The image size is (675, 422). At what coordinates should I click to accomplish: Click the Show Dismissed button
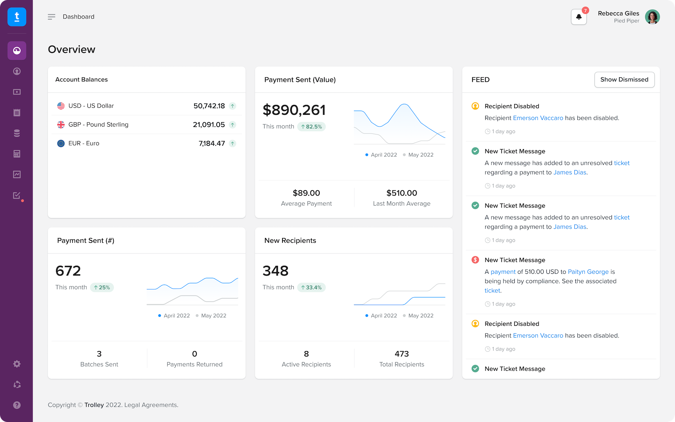pyautogui.click(x=624, y=80)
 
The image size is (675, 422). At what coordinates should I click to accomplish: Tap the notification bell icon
pyautogui.click(x=578, y=17)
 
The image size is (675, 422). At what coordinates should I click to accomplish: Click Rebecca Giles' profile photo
pyautogui.click(x=652, y=17)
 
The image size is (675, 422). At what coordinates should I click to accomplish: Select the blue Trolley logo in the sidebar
pyautogui.click(x=17, y=17)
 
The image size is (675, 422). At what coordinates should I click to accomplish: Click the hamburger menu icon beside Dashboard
pyautogui.click(x=51, y=17)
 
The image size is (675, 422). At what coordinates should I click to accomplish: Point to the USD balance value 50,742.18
pyautogui.click(x=209, y=106)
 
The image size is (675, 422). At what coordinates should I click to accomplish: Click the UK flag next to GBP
pyautogui.click(x=61, y=125)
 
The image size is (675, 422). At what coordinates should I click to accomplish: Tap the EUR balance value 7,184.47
pyautogui.click(x=212, y=143)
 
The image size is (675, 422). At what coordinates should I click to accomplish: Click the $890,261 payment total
pyautogui.click(x=294, y=110)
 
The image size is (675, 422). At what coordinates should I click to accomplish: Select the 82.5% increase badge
pyautogui.click(x=311, y=127)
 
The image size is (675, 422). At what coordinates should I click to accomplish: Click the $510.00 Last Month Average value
pyautogui.click(x=402, y=193)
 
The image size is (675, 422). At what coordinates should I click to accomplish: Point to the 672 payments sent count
pyautogui.click(x=68, y=271)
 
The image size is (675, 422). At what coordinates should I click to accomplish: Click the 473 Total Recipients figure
pyautogui.click(x=402, y=354)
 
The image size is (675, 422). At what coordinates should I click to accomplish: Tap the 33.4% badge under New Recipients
pyautogui.click(x=311, y=288)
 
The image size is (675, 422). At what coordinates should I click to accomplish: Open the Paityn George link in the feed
pyautogui.click(x=588, y=272)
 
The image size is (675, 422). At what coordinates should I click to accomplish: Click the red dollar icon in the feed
pyautogui.click(x=475, y=260)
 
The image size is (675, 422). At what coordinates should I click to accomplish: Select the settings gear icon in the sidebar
pyautogui.click(x=17, y=364)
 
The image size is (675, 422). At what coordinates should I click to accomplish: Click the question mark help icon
pyautogui.click(x=17, y=405)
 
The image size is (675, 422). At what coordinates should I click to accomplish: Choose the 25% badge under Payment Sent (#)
pyautogui.click(x=102, y=288)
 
